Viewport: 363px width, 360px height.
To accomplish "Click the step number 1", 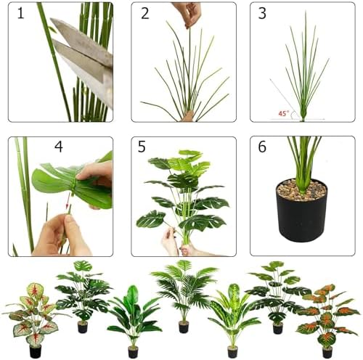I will pos(23,13).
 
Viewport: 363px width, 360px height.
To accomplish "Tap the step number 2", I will pos(144,13).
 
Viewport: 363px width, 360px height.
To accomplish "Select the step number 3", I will pos(263,13).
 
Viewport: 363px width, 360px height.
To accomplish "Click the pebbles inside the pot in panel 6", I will pos(302,191).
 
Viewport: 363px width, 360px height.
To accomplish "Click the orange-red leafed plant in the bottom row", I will pos(327,312).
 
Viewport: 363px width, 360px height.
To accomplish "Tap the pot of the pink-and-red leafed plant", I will pos(35,351).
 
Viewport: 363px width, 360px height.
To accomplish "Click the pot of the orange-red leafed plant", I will pos(328,352).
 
